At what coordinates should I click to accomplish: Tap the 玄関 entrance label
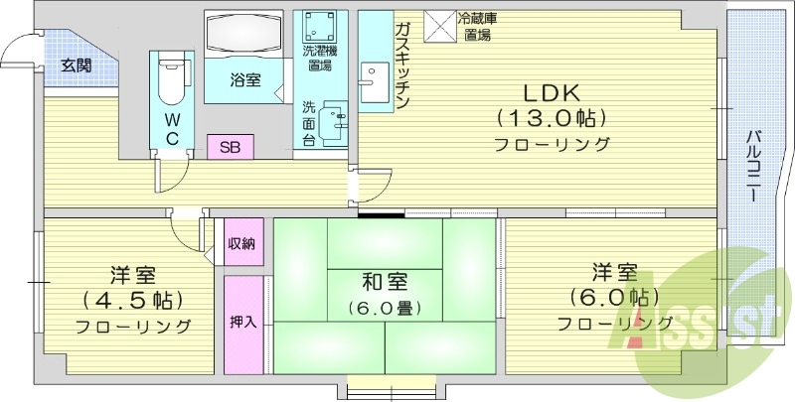coord(75,67)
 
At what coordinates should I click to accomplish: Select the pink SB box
coord(230,147)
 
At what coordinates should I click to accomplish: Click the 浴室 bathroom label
coord(244,81)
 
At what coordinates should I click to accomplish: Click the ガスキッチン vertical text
coord(402,66)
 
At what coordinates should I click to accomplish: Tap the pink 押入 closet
coord(242,323)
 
